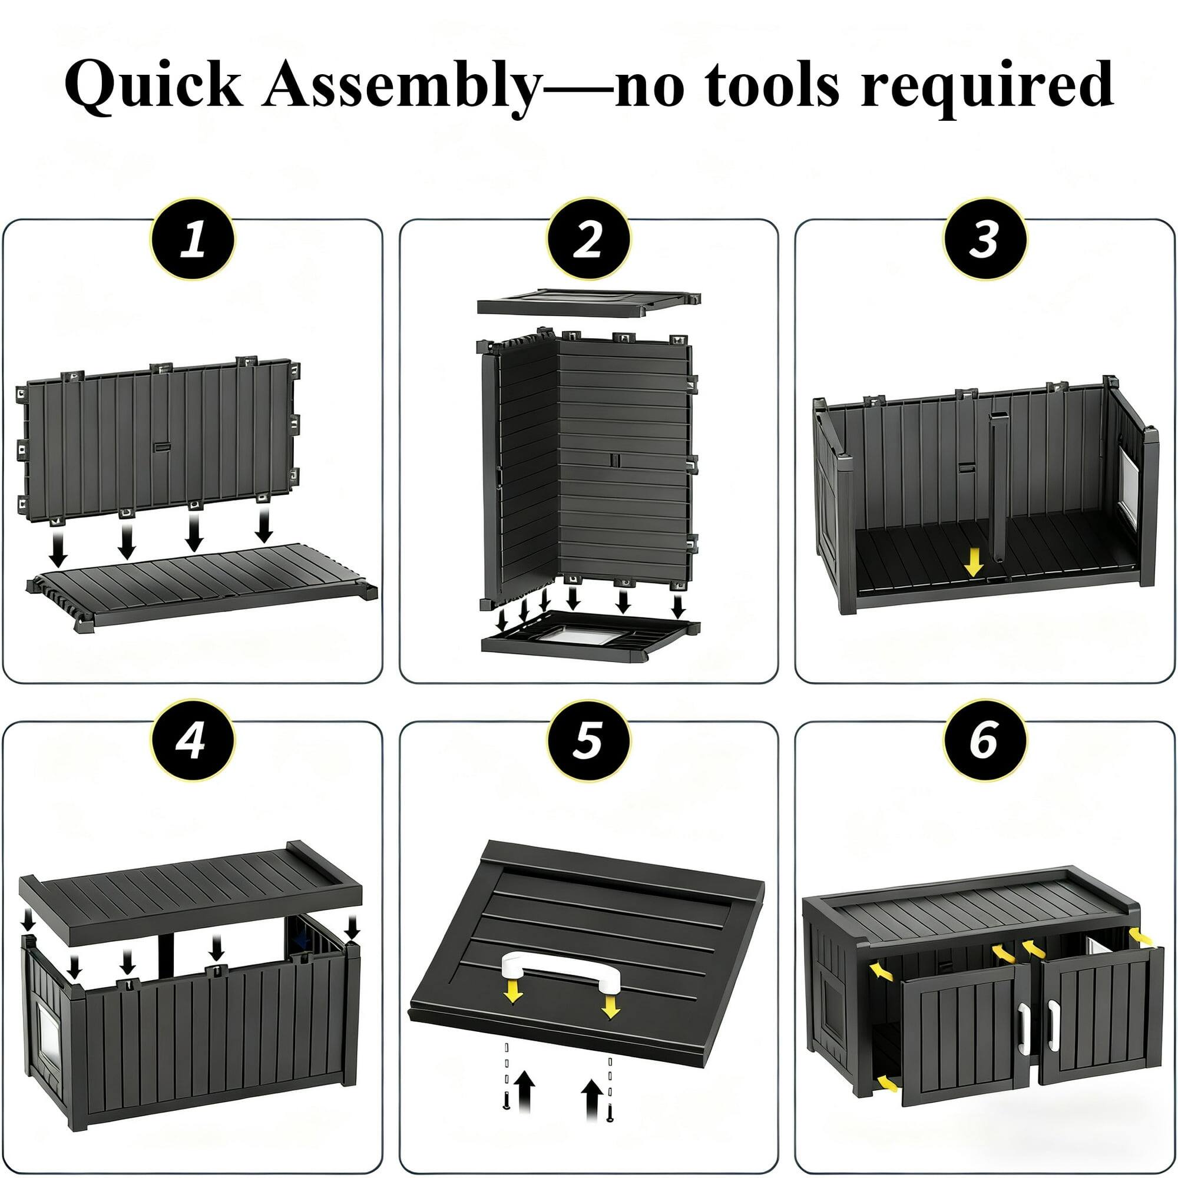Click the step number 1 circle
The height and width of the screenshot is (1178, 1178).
tap(192, 239)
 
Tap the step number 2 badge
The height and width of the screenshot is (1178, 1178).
tap(588, 239)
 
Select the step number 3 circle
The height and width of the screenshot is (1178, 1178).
tap(985, 239)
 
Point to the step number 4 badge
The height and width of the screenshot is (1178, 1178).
tap(192, 741)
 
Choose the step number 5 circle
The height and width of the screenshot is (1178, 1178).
tap(588, 741)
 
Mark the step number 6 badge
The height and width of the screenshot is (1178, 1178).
tap(985, 741)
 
